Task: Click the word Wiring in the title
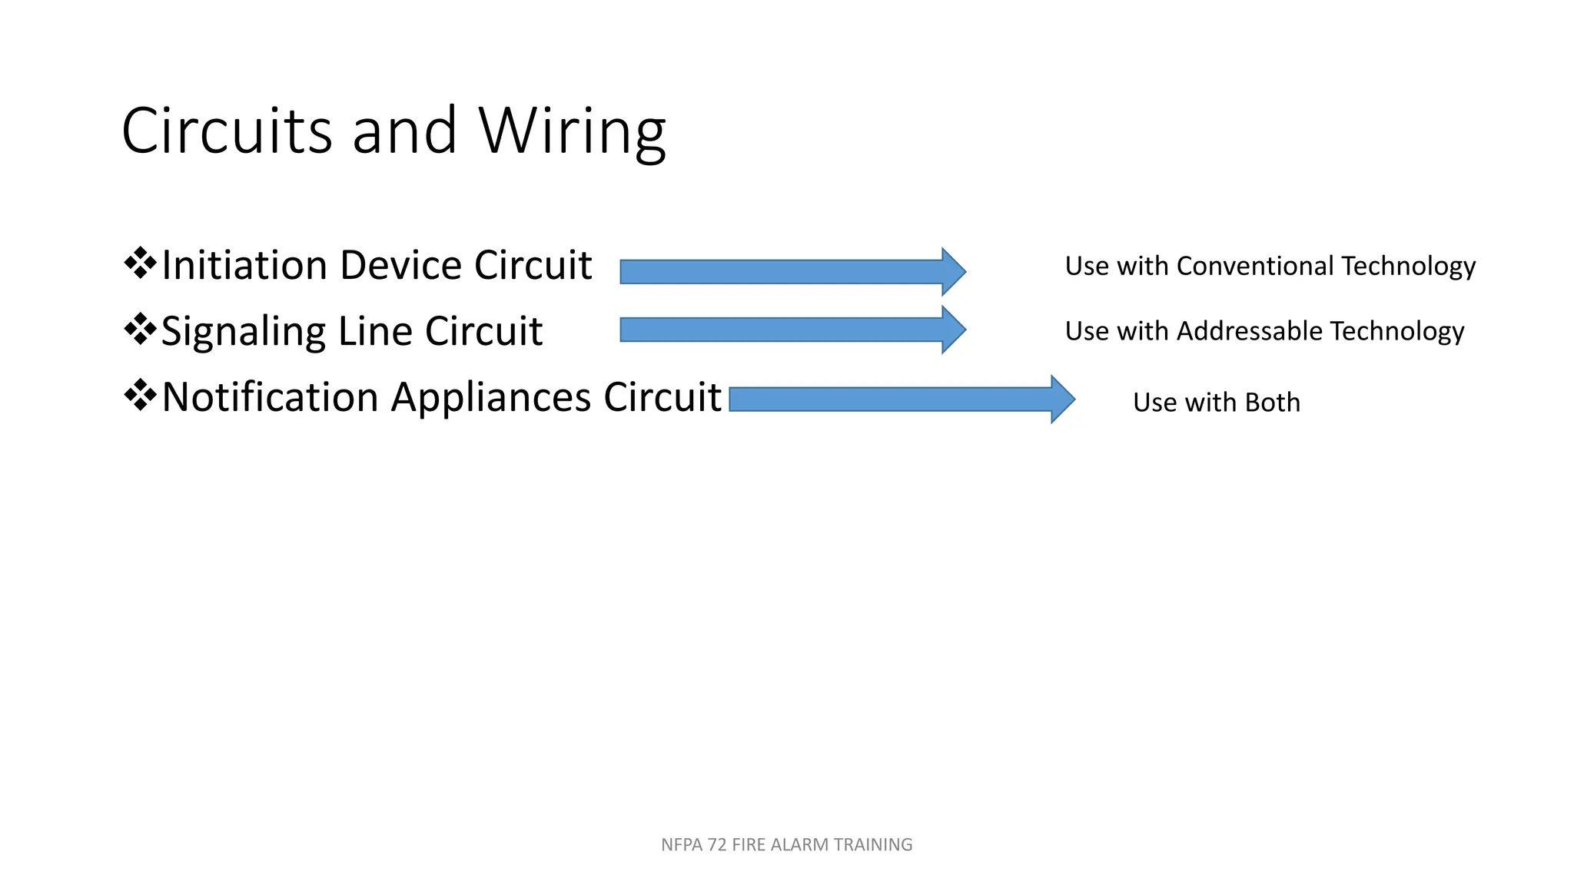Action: (x=572, y=131)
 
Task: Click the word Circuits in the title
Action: (x=227, y=130)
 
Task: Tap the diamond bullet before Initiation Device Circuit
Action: (x=140, y=264)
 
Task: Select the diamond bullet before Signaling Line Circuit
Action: (x=140, y=330)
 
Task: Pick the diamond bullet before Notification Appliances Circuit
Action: (x=140, y=396)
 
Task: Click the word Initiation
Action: (x=245, y=265)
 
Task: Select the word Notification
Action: (x=271, y=397)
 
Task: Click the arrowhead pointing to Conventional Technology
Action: (x=954, y=272)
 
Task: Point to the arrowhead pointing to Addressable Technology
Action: (x=954, y=330)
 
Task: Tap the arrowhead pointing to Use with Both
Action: (x=1063, y=399)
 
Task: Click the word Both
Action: (x=1273, y=403)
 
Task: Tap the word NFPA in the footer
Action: (x=682, y=845)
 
